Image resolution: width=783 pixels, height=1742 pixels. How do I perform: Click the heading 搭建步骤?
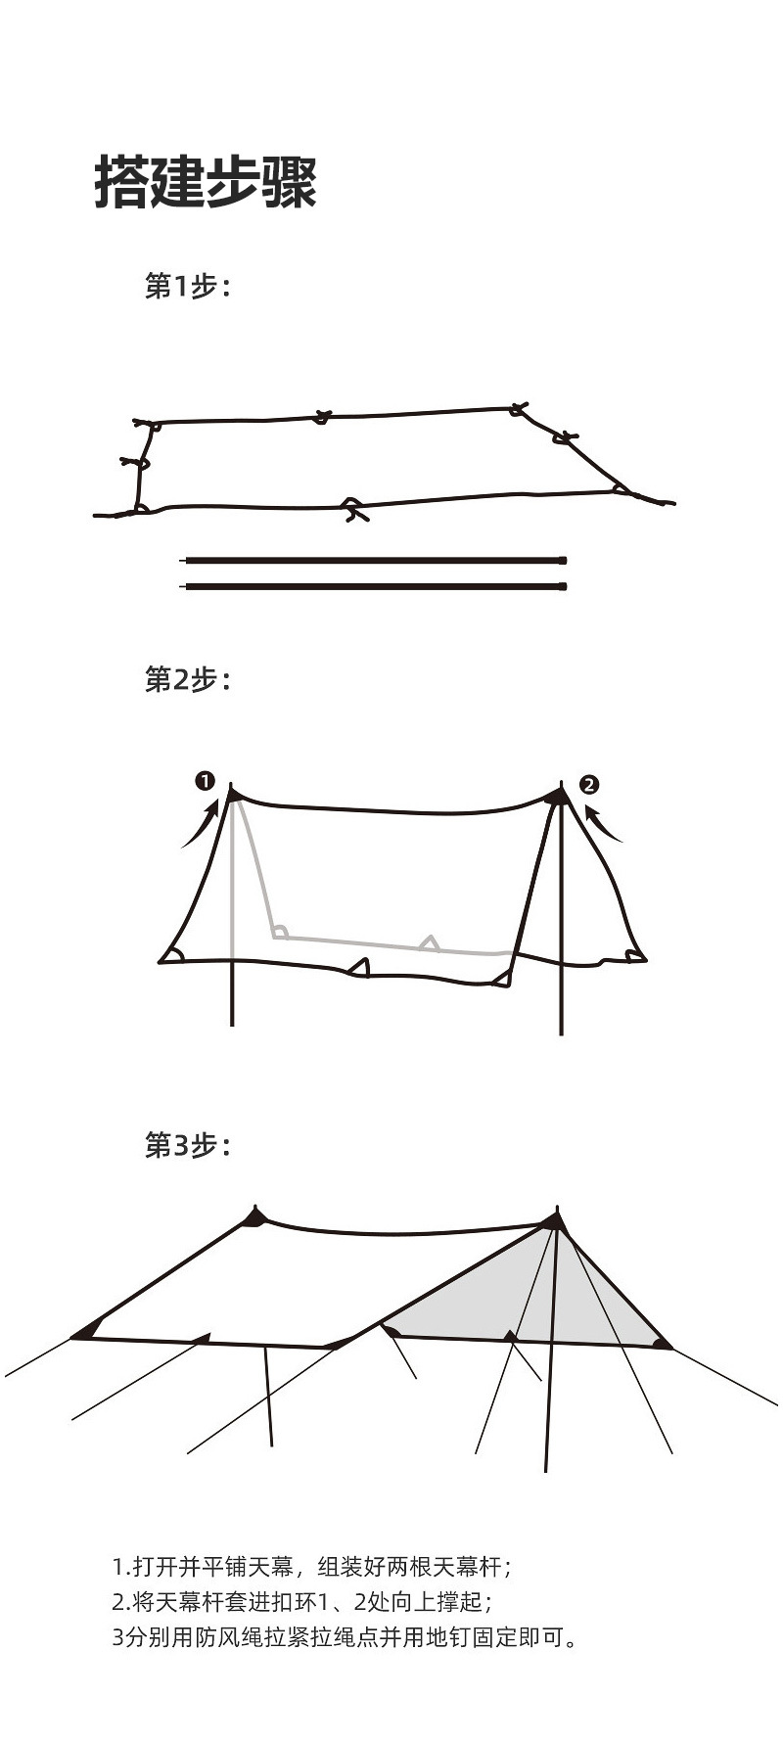[x=206, y=181]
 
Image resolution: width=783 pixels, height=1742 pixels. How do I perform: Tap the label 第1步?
[x=187, y=287]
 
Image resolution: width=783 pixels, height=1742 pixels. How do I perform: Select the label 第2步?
[x=187, y=679]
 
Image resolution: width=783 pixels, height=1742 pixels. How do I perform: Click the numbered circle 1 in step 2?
[x=205, y=781]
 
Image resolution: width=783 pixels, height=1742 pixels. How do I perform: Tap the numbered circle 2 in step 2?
[x=588, y=784]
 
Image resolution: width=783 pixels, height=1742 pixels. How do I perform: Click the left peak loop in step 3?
[x=255, y=1216]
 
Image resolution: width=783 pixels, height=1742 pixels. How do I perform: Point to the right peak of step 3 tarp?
[x=554, y=1220]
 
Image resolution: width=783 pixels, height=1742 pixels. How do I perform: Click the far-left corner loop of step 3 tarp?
[x=86, y=1331]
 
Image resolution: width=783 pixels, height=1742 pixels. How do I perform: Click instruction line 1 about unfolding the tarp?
[x=311, y=1567]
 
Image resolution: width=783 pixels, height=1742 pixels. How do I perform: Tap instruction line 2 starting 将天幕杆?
[x=301, y=1602]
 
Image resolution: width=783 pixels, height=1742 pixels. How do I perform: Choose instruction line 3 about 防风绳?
[x=345, y=1636]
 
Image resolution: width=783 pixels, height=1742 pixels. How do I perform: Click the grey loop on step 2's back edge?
[x=429, y=943]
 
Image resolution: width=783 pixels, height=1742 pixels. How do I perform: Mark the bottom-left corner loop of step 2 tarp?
[x=172, y=955]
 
